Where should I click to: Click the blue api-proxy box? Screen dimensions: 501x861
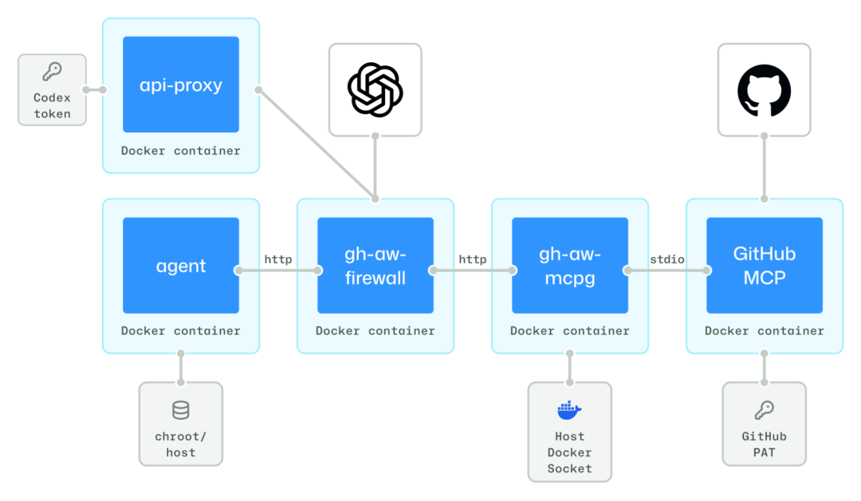pos(181,85)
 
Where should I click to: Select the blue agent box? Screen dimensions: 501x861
pos(181,266)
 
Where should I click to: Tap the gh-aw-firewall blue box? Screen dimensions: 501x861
pos(375,266)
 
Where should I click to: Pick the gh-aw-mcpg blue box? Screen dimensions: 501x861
pos(570,266)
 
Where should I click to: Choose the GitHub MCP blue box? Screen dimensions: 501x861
pos(765,266)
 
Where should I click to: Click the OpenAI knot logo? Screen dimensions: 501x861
pos(375,89)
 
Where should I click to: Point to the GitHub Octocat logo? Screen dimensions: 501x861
pos(764,89)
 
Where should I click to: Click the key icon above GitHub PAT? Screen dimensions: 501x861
pos(764,411)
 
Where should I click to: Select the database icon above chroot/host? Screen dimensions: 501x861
pos(181,411)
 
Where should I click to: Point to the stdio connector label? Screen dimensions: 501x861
pos(666,259)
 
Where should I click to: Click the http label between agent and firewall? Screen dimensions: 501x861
pos(278,259)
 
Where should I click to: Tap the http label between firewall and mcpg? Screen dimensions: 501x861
pos(473,259)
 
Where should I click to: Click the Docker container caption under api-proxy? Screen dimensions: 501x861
pos(181,150)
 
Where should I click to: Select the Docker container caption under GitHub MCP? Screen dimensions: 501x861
pos(765,330)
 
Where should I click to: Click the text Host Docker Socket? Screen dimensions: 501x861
pos(569,452)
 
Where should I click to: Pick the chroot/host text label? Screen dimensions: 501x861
pos(181,444)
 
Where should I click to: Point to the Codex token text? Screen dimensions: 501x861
pos(52,105)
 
